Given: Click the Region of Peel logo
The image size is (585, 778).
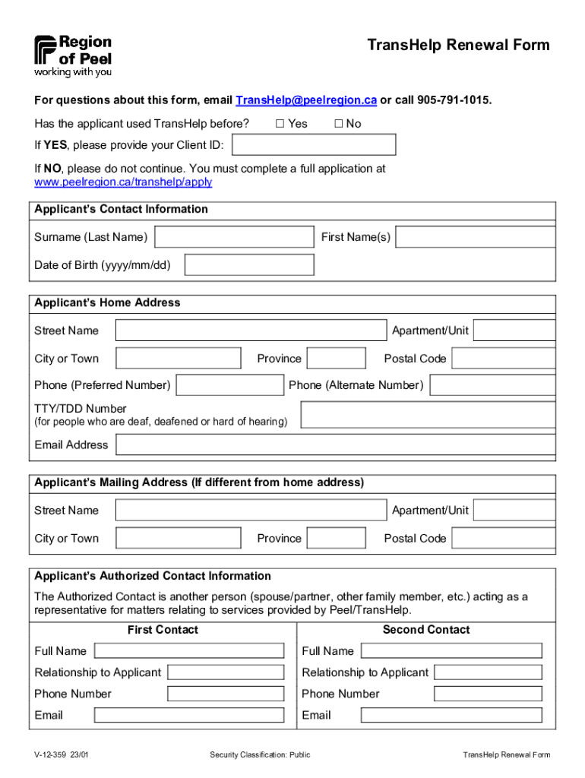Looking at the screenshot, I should click(x=72, y=55).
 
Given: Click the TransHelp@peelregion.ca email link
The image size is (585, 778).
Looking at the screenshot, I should click(x=306, y=100).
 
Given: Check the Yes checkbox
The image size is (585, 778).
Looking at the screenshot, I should click(x=280, y=124).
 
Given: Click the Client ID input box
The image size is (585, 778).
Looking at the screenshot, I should click(x=313, y=144).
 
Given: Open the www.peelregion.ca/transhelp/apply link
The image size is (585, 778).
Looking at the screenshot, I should click(x=123, y=182).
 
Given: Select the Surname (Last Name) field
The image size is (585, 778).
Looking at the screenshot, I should click(x=234, y=237).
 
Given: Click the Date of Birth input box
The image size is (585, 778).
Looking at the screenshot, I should click(x=249, y=264).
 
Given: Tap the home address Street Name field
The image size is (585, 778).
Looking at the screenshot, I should click(x=251, y=330).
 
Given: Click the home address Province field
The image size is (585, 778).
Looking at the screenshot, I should click(x=336, y=359).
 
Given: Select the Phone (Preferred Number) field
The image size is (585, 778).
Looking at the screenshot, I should click(x=229, y=385).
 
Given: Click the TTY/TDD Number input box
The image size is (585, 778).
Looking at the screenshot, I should click(x=428, y=415).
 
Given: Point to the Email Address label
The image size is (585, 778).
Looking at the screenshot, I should click(x=71, y=444).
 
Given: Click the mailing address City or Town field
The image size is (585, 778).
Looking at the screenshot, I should click(x=179, y=538).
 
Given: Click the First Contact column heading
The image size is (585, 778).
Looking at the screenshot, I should click(x=163, y=630).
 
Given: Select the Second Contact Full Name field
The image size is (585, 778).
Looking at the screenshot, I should click(x=451, y=651).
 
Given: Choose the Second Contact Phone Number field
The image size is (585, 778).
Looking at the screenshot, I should click(x=488, y=694).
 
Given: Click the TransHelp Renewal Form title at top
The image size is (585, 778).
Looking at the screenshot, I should click(x=458, y=46).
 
